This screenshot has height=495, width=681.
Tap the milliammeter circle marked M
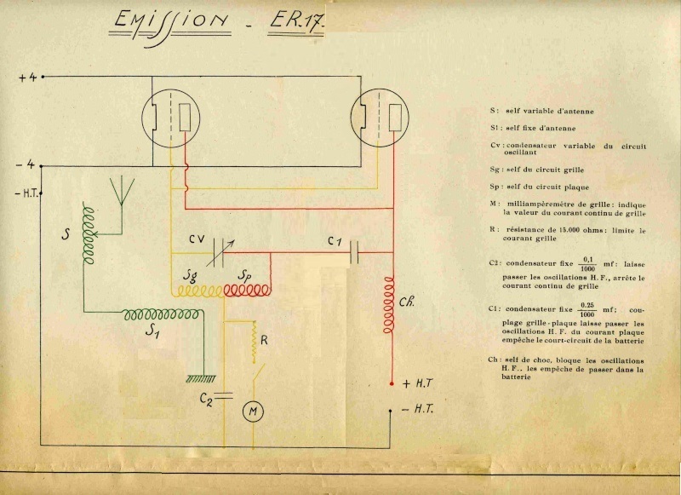coord(253,412)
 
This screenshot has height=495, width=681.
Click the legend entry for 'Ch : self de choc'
coord(566,368)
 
